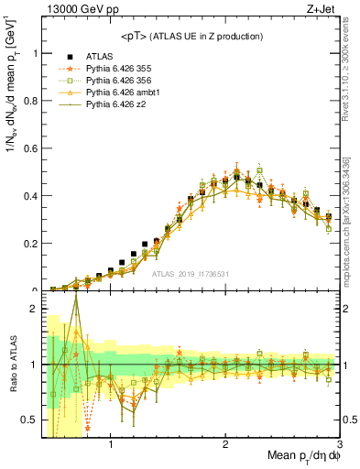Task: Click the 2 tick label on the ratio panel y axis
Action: point(34,309)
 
